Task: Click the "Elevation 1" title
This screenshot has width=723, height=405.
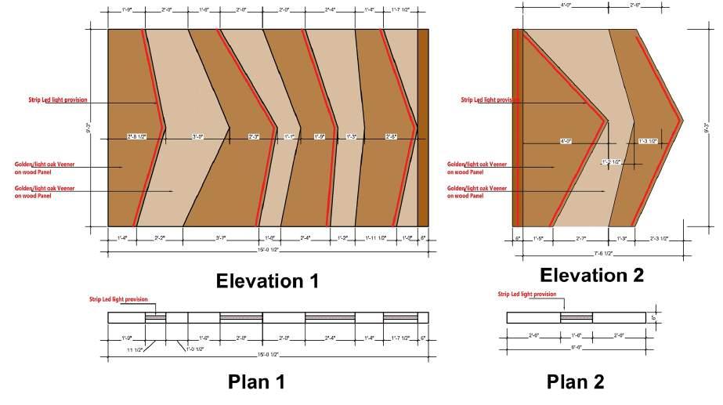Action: pyautogui.click(x=268, y=281)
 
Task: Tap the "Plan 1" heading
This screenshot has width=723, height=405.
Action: pyautogui.click(x=256, y=382)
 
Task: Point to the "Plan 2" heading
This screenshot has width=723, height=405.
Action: pyautogui.click(x=576, y=381)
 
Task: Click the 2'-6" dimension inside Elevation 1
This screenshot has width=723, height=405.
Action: pyautogui.click(x=391, y=137)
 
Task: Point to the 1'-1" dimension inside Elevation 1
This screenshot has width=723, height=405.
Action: pyautogui.click(x=290, y=137)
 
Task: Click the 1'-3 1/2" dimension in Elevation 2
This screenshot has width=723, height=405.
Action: pyautogui.click(x=649, y=142)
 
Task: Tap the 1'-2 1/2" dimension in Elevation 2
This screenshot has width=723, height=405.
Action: pyautogui.click(x=611, y=162)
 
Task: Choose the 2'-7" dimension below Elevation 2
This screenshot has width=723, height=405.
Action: pyautogui.click(x=581, y=237)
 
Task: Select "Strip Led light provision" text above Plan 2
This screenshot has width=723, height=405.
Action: pyautogui.click(x=527, y=295)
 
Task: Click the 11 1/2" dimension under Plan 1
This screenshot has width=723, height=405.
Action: pyautogui.click(x=134, y=349)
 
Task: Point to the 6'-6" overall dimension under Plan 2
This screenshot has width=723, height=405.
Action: pyautogui.click(x=577, y=346)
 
